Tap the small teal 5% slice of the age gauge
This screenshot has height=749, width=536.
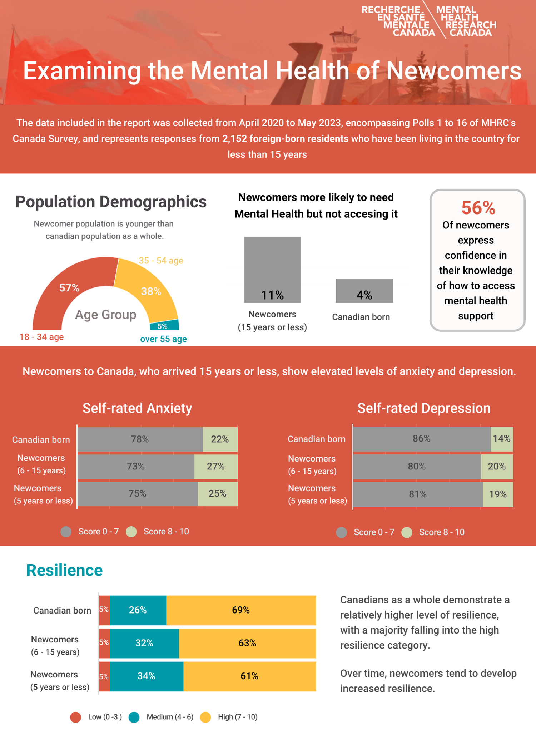click(164, 326)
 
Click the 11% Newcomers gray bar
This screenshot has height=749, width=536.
click(272, 270)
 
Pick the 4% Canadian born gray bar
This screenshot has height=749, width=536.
click(364, 291)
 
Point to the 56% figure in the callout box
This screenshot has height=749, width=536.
click(478, 208)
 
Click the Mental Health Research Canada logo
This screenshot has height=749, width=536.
click(429, 21)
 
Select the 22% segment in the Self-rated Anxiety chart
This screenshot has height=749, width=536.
click(220, 439)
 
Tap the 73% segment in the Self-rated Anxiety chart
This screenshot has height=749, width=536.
click(136, 467)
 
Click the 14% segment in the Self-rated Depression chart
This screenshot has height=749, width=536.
click(502, 439)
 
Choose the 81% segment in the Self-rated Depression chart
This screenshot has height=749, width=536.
click(418, 494)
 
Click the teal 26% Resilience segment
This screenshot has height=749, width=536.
click(138, 610)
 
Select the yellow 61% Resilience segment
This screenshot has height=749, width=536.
click(249, 676)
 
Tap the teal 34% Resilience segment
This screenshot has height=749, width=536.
click(147, 676)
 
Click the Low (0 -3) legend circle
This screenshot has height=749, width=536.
click(75, 717)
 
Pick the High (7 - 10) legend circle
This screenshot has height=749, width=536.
click(205, 717)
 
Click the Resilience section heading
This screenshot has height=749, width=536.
click(64, 570)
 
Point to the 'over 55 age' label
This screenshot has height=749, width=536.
click(163, 339)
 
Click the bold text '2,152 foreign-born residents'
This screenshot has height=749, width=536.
click(285, 139)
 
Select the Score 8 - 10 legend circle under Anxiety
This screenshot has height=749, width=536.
click(131, 532)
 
